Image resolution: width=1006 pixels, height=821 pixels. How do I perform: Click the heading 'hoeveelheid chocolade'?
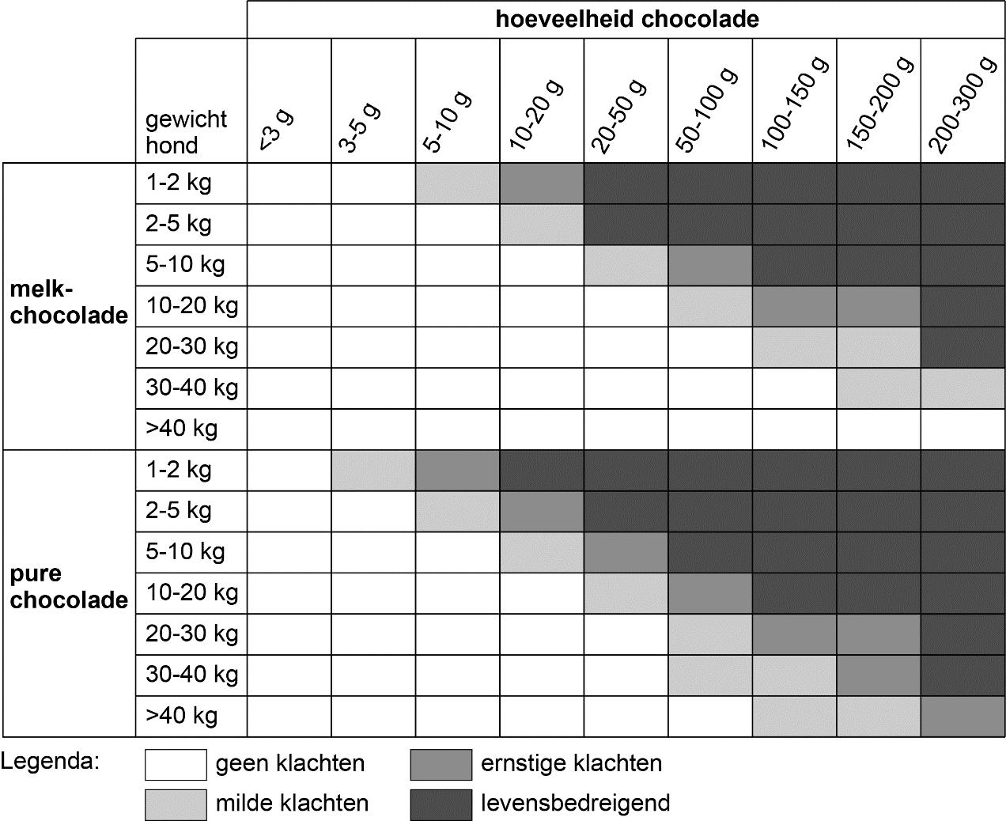pos(626,19)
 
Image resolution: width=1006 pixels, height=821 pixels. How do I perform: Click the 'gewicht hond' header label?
pos(186,132)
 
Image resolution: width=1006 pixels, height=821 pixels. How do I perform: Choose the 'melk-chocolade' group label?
pos(69,302)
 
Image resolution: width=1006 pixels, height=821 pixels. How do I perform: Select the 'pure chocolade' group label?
pos(69,587)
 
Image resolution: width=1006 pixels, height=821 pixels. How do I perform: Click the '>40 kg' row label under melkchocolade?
pos(181,429)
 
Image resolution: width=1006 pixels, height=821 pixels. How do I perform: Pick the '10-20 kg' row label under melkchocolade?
pos(191,305)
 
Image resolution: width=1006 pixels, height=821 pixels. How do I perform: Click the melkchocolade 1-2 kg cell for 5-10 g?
pos(457,183)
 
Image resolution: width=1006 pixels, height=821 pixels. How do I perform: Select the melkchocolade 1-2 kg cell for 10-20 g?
pos(542,183)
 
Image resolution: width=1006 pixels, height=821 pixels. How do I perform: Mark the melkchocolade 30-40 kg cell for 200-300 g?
pos(963,388)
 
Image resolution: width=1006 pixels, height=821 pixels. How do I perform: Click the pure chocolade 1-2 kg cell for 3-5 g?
pos(373,471)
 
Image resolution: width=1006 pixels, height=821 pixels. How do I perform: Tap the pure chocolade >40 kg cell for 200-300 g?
pos(963,716)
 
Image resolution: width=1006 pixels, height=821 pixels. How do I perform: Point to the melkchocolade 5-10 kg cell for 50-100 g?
pos(710,265)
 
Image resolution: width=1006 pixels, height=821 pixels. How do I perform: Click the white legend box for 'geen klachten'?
pos(175,764)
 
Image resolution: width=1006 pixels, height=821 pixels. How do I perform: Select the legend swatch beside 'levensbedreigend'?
pos(441,804)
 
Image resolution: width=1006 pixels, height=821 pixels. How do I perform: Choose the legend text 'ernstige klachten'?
pos(571,763)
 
